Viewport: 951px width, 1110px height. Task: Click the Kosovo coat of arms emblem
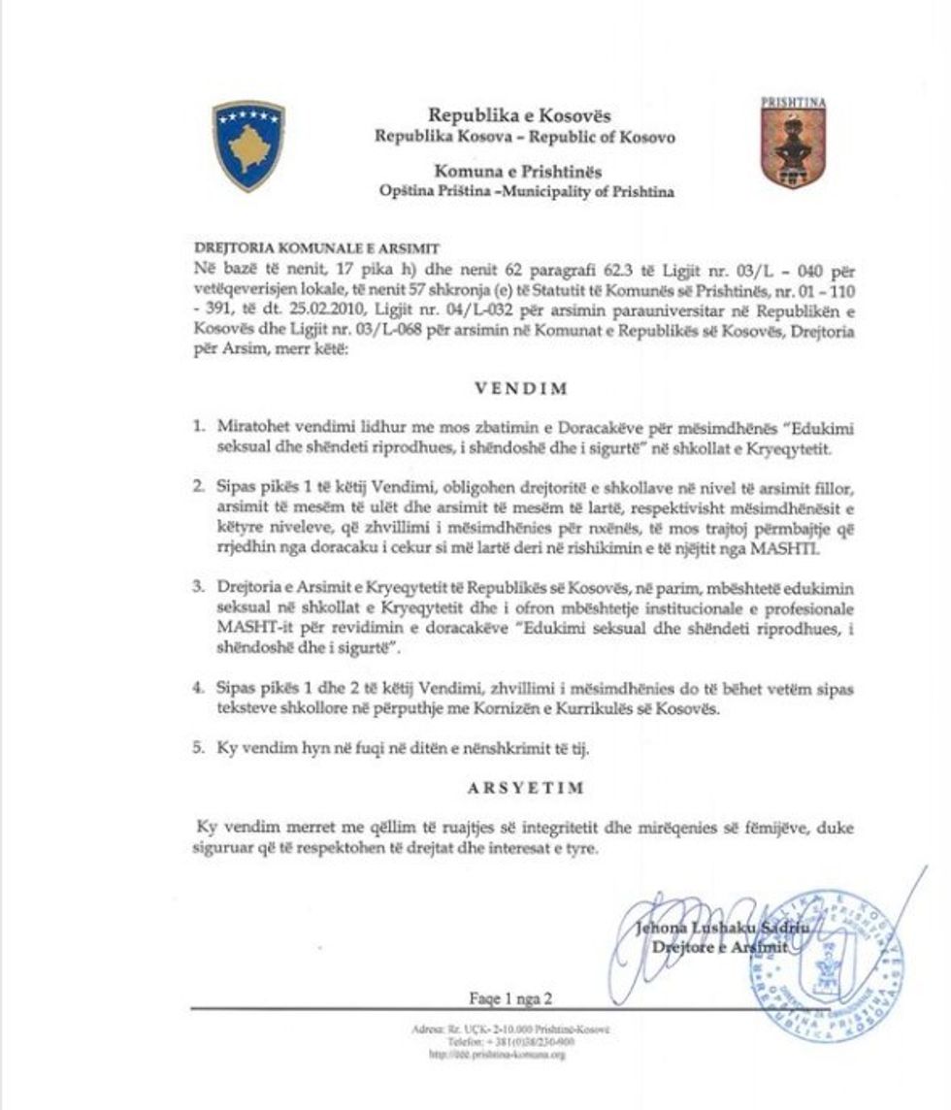pos(248,145)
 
